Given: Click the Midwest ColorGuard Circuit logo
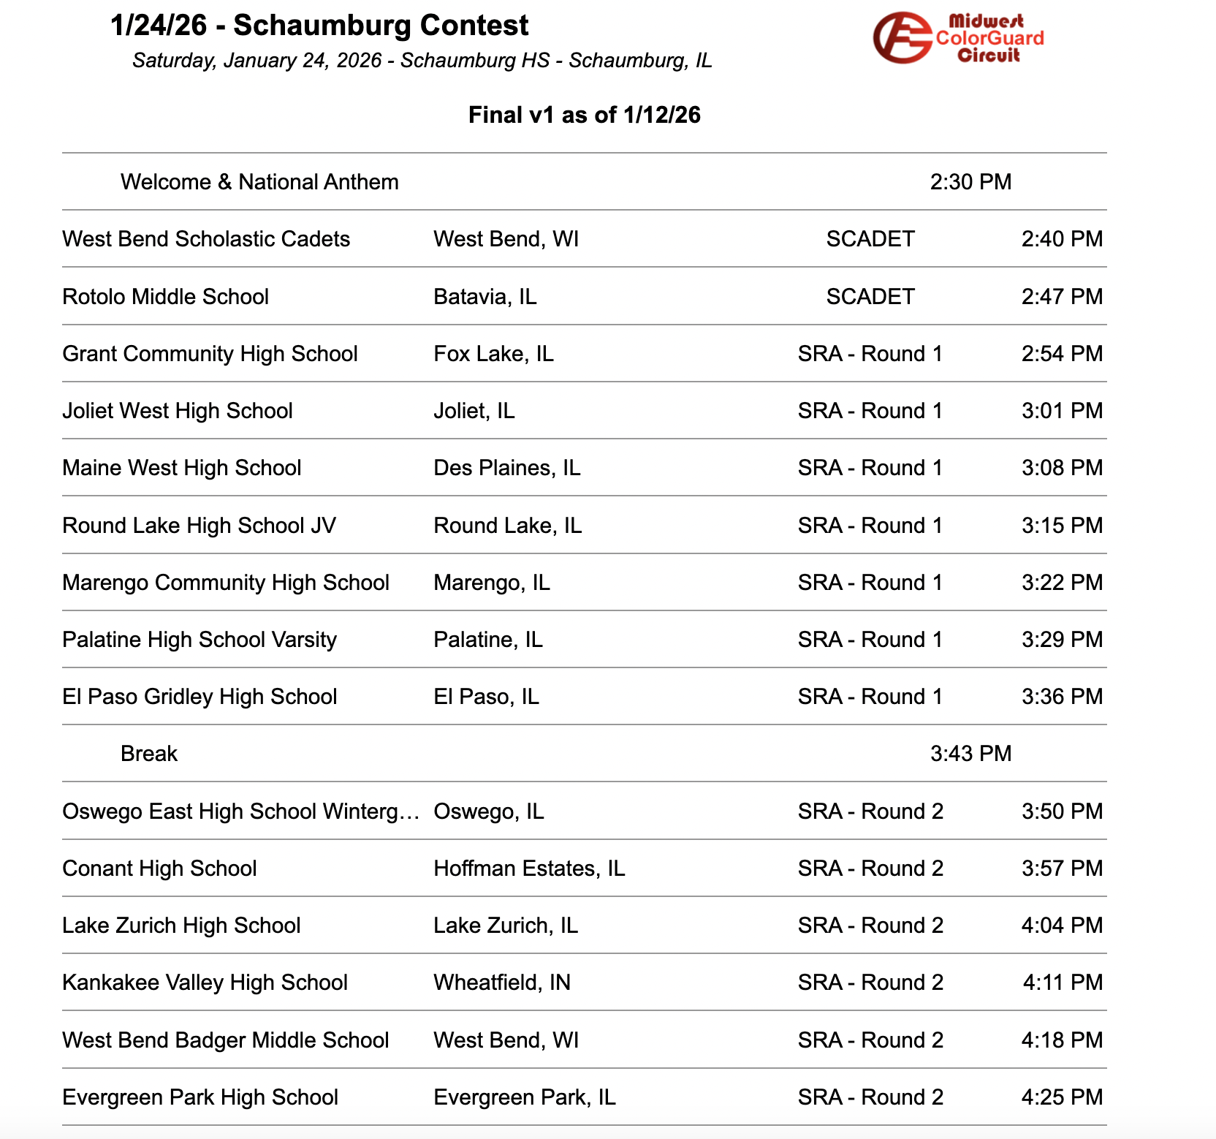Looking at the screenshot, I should (x=958, y=38).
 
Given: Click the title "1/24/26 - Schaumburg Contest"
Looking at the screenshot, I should (x=319, y=26).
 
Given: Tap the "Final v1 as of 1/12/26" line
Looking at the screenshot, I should (x=584, y=115).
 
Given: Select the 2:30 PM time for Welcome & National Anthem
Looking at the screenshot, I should (x=970, y=182).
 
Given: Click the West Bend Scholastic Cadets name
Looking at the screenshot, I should (x=206, y=239).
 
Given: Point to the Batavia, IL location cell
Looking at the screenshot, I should (x=484, y=297).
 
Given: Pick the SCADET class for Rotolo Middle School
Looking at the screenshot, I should (x=870, y=297).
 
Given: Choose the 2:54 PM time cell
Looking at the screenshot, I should (x=1061, y=354).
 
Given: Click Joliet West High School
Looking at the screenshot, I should (x=178, y=411).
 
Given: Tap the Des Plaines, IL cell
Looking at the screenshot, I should (x=506, y=468).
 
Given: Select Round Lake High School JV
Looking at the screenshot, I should (x=199, y=526).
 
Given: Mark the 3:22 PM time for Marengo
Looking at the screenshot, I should (x=1061, y=583).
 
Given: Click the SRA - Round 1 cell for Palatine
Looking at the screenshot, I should (x=870, y=640).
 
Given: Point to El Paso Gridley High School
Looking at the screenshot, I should (x=199, y=697).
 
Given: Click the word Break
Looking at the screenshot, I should (x=149, y=754).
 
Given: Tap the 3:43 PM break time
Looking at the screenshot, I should (x=970, y=754).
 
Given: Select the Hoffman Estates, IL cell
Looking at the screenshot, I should (x=529, y=869).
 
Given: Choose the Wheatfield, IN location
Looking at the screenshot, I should (x=501, y=983).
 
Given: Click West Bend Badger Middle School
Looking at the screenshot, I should (x=225, y=1040).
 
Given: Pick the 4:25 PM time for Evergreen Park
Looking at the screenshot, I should (x=1061, y=1097).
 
